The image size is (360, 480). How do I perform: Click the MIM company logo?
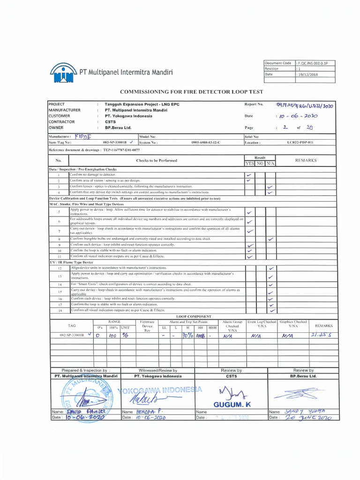[x=62, y=73]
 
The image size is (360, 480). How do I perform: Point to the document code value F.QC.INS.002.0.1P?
[x=314, y=63]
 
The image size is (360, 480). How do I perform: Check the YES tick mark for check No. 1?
[x=248, y=174]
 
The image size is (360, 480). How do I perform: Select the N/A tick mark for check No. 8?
[x=270, y=239]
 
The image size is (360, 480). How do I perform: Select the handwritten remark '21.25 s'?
[x=321, y=336]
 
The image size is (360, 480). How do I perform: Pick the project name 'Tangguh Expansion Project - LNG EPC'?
[x=142, y=104]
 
